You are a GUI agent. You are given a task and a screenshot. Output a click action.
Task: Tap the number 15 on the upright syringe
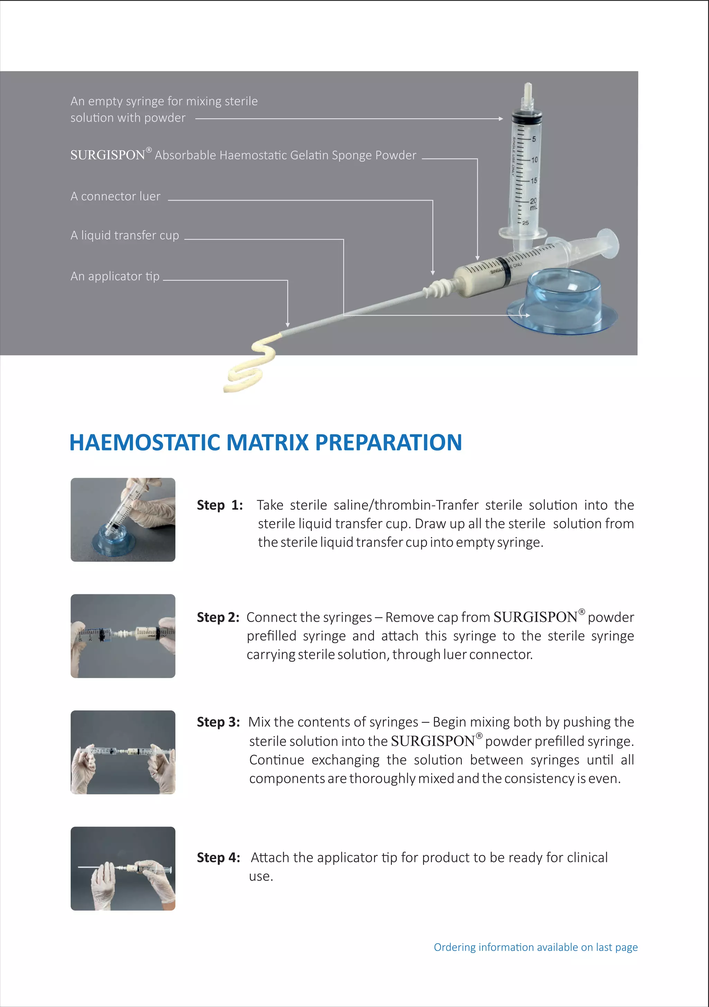[534, 180]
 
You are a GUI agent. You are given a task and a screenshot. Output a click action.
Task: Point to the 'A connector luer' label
[115, 196]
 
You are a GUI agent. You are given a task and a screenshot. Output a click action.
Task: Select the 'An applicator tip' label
[115, 276]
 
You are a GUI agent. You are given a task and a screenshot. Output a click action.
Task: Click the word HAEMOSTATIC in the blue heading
[145, 442]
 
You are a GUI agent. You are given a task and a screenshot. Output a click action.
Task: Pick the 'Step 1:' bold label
[219, 505]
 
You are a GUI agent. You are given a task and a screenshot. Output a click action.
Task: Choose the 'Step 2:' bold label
[218, 617]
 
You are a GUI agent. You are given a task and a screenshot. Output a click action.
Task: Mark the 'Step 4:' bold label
[218, 857]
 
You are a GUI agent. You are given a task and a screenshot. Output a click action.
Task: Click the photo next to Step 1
[123, 520]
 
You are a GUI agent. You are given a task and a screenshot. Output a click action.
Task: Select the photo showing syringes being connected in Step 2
[123, 636]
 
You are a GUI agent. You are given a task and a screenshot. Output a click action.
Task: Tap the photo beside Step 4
[123, 869]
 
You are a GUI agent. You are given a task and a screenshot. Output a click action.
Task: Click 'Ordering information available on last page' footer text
[536, 947]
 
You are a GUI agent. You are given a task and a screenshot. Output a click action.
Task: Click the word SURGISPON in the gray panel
[107, 155]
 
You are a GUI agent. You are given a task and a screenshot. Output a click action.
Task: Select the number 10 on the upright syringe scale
[534, 160]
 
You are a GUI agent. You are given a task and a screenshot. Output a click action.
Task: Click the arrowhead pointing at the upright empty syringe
[501, 119]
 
